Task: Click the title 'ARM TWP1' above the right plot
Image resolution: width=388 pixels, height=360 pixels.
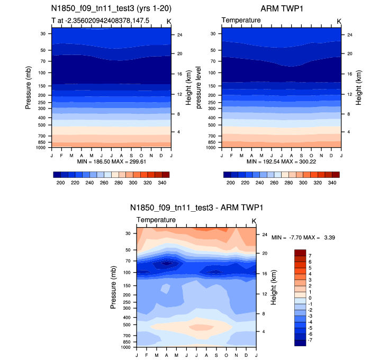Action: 281,9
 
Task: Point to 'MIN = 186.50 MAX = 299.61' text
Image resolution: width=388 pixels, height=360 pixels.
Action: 111,161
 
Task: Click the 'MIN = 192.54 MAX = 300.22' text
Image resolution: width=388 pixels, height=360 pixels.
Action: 281,161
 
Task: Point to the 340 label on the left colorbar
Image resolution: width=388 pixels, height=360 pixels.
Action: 162,182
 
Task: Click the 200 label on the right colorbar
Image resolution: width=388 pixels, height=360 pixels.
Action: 231,182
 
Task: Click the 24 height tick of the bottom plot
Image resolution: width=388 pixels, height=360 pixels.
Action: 265,235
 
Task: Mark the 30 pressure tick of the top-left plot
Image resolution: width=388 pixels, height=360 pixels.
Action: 42,33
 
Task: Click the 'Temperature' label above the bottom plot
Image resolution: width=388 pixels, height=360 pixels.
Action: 156,220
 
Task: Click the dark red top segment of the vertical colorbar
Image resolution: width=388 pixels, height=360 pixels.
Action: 300,252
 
